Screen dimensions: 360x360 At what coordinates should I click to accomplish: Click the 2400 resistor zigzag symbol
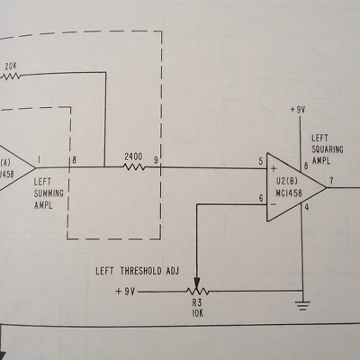point(134,166)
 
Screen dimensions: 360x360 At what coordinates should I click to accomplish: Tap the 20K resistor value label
point(11,67)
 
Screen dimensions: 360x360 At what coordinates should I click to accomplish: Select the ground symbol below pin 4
point(303,305)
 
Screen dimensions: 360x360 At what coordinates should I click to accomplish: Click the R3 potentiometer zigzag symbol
point(197,291)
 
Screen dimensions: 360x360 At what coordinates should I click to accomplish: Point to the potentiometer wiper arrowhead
point(197,283)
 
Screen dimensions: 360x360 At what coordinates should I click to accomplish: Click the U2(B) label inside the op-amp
point(287,182)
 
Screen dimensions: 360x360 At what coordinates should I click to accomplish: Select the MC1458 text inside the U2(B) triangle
point(289,193)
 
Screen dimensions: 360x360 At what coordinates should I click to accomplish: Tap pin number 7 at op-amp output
point(331,181)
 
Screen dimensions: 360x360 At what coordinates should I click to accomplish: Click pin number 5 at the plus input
point(261,162)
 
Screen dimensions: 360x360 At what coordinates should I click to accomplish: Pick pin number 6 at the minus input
point(261,198)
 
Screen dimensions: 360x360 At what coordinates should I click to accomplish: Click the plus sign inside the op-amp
point(274,169)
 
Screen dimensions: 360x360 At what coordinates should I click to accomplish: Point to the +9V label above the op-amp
point(298,110)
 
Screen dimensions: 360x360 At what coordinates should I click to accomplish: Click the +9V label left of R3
point(125,292)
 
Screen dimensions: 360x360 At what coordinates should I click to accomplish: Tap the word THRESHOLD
point(141,271)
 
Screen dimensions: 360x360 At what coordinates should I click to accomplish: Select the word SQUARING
point(328,149)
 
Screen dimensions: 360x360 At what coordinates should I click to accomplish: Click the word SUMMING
point(49,193)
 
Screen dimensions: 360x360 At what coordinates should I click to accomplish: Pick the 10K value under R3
point(197,313)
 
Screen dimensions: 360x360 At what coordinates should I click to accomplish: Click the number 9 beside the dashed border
point(156,160)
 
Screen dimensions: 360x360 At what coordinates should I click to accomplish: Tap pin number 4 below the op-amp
point(306,207)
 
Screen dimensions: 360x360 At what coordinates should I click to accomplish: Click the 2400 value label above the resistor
point(134,157)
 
